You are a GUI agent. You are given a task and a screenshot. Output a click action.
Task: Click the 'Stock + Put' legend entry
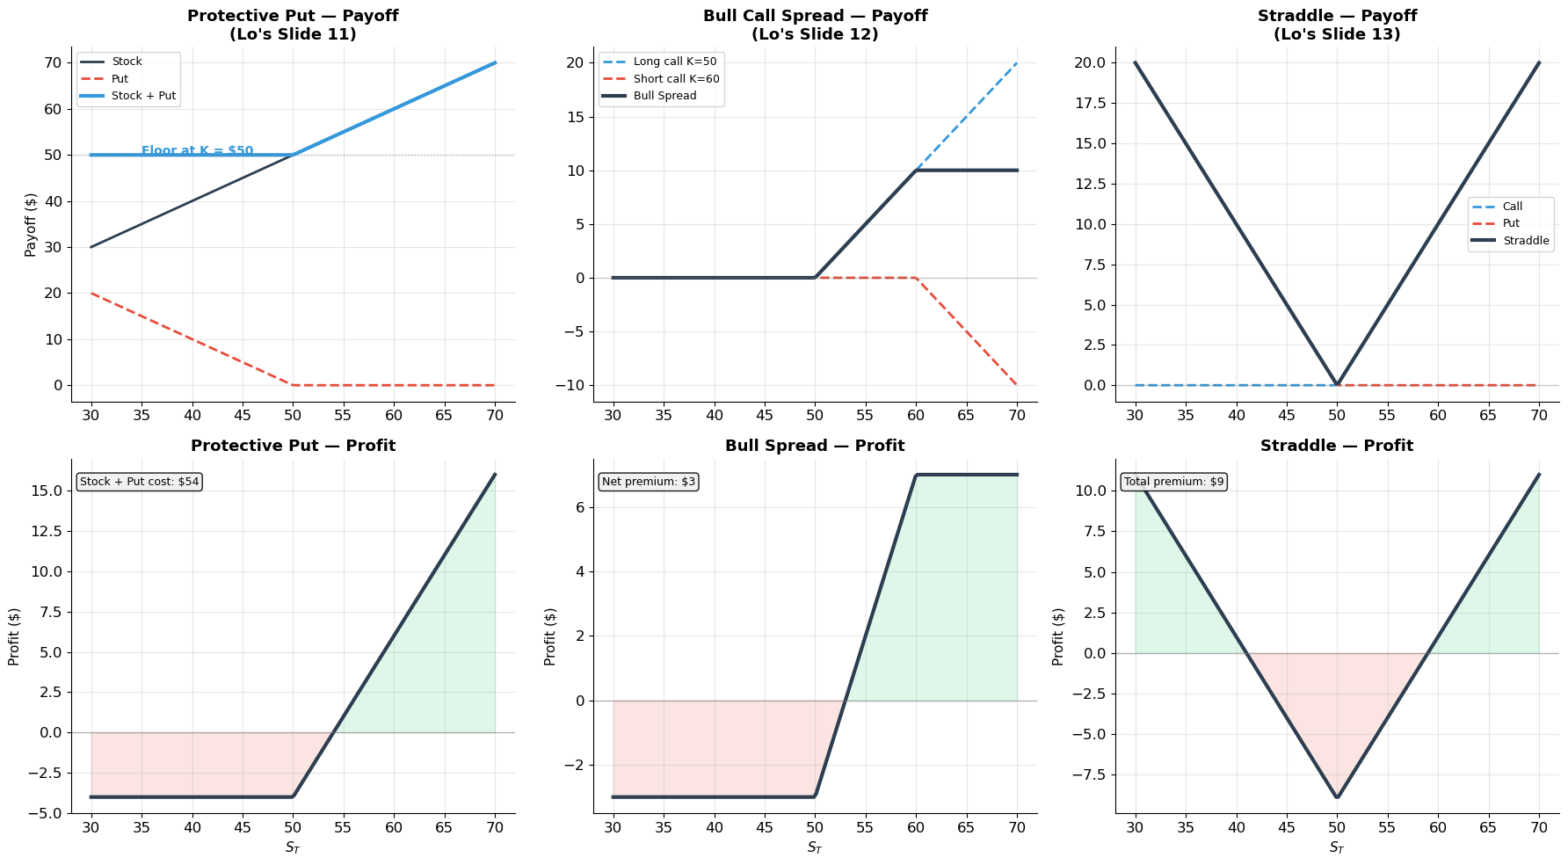coord(143,96)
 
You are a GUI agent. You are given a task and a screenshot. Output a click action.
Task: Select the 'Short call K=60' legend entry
coord(676,79)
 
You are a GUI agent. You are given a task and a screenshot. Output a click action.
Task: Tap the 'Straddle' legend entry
coord(1526,241)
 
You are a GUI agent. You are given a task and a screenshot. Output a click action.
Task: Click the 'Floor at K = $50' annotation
coord(197,150)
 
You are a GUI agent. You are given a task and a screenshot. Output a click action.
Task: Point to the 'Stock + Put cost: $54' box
coord(140,482)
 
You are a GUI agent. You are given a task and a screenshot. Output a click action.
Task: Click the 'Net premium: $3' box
coord(649,482)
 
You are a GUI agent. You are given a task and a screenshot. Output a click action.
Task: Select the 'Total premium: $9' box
coord(1173,482)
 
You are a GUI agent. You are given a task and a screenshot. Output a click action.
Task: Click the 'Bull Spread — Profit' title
coord(815,446)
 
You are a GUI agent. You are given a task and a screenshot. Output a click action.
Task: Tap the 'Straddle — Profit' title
coord(1336,446)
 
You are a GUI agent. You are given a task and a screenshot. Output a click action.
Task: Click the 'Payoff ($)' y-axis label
coord(31,224)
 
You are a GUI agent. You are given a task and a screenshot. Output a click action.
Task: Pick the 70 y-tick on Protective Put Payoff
coord(53,62)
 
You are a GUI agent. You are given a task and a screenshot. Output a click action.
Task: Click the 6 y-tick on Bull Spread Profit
coord(579,507)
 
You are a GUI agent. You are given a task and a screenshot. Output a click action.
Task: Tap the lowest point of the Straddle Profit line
coord(1337,797)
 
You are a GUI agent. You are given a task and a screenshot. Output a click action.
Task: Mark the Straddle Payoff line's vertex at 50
coord(1337,385)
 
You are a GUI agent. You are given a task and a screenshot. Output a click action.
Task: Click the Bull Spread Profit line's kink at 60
coord(916,476)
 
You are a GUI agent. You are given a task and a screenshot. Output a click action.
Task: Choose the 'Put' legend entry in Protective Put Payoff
coord(120,79)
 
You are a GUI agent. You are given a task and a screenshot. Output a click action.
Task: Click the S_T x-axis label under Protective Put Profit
coord(293,847)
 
